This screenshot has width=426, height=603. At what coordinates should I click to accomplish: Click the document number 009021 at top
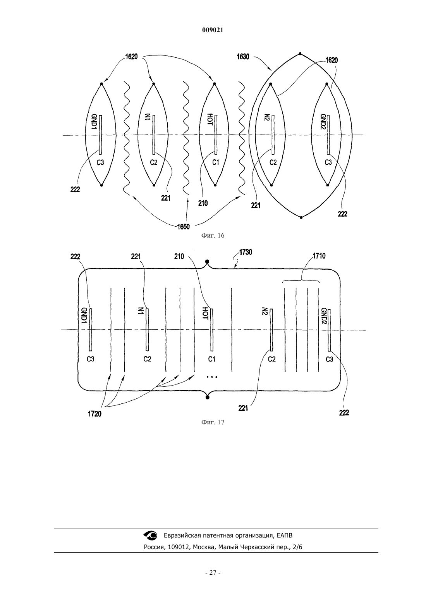(x=213, y=30)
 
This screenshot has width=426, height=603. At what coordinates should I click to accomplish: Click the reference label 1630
(x=243, y=57)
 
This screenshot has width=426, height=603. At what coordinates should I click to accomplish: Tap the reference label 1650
(x=184, y=227)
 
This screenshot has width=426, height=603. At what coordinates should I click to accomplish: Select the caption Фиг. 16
(x=213, y=236)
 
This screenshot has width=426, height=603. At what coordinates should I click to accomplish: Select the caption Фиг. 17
(x=213, y=422)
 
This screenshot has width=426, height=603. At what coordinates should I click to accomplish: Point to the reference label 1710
(x=319, y=256)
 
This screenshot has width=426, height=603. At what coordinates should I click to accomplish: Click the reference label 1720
(x=94, y=414)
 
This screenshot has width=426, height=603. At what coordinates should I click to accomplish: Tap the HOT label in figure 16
(x=210, y=120)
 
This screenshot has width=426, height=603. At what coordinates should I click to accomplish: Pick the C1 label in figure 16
(x=216, y=162)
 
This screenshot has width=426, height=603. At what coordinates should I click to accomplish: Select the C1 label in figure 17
(x=212, y=359)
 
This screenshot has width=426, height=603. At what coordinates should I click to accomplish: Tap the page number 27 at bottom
(x=213, y=573)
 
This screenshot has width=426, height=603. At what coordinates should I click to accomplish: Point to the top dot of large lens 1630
(x=300, y=54)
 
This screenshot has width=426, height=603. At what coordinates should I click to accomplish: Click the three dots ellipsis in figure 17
(x=212, y=377)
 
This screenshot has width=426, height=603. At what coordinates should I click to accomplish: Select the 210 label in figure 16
(x=203, y=203)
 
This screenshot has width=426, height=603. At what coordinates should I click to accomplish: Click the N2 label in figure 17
(x=265, y=312)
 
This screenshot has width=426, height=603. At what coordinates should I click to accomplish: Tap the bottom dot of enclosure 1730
(x=207, y=397)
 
